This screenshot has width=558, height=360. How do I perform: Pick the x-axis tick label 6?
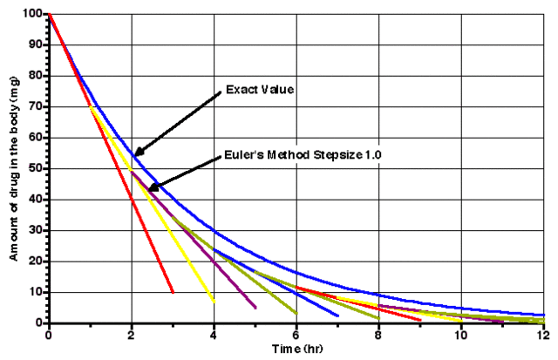click(x=296, y=335)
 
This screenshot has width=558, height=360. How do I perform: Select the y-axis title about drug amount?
click(x=13, y=167)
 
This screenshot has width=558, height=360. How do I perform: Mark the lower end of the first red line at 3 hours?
click(x=173, y=292)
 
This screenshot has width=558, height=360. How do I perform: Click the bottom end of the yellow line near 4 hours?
click(x=214, y=302)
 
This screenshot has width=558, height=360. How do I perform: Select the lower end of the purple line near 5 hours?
click(x=255, y=308)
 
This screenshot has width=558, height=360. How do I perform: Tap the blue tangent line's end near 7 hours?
click(x=338, y=316)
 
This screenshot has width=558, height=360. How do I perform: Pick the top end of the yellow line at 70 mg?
click(x=90, y=106)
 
